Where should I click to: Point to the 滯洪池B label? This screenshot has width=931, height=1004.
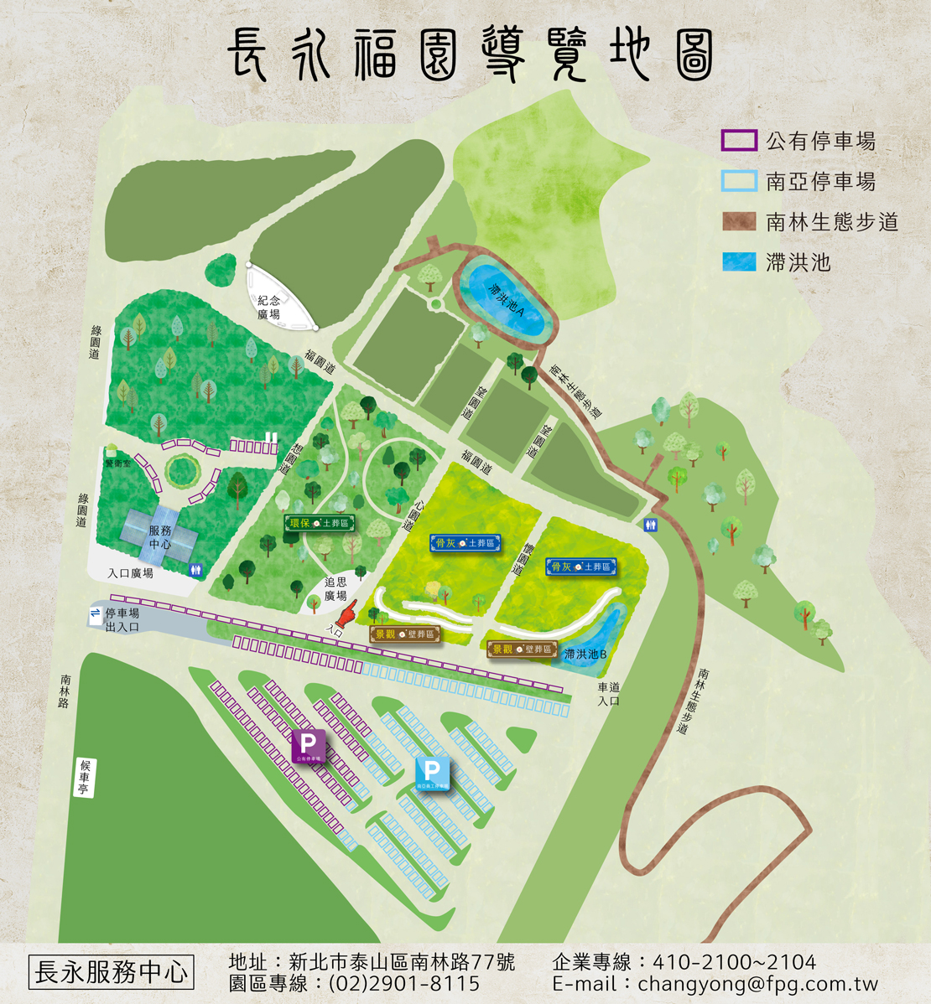585,654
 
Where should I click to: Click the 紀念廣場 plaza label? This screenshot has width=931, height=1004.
269,308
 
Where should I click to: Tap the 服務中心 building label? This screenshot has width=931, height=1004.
160,537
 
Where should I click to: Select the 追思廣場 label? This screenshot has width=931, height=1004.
335,588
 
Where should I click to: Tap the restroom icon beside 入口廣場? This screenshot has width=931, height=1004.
196,569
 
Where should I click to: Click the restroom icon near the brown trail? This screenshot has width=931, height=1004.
652,525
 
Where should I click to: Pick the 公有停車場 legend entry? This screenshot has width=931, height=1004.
820,141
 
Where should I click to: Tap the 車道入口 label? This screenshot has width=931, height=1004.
608,694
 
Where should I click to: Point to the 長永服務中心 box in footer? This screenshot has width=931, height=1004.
111,972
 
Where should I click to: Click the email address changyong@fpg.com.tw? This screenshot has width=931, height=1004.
758,984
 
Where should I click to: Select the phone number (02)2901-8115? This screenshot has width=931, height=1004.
404,983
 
